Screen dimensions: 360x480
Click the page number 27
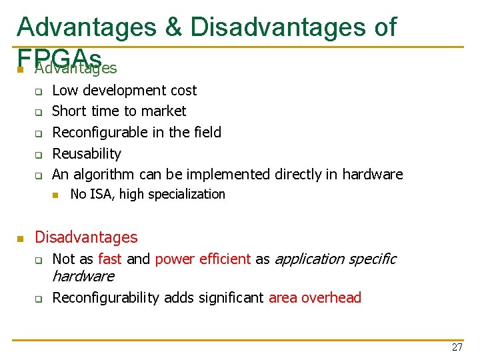(x=457, y=347)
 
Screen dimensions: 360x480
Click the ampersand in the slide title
(x=173, y=27)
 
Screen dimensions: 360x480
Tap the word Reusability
(x=87, y=153)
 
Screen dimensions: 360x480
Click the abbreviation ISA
(x=101, y=194)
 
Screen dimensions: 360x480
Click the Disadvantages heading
(x=86, y=237)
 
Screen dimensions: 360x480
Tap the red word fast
(x=110, y=259)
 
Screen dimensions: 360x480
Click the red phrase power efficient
(x=203, y=259)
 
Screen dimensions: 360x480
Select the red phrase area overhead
(x=315, y=297)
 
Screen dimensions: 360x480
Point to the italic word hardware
(x=83, y=276)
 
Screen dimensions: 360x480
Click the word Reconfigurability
(x=105, y=297)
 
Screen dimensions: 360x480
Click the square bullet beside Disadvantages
(x=21, y=238)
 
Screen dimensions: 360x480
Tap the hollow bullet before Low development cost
(x=39, y=91)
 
